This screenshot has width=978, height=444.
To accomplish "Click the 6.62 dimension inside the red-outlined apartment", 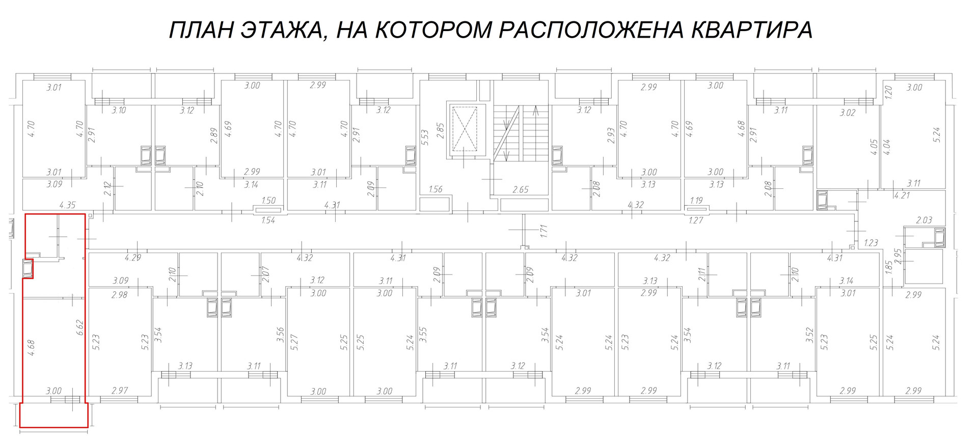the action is click(x=79, y=327).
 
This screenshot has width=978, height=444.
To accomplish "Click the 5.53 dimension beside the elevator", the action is click(x=425, y=137).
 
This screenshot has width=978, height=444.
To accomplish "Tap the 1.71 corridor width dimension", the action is click(x=544, y=232).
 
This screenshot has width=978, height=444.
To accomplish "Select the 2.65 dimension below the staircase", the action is click(x=520, y=189).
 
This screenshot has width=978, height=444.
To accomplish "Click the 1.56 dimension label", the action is click(x=436, y=189).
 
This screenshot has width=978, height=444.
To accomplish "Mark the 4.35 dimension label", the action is click(x=67, y=205).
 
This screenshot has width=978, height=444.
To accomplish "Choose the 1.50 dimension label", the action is click(x=268, y=201).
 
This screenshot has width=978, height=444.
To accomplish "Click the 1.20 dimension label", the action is click(x=888, y=92).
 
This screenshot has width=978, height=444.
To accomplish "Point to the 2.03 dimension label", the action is click(x=924, y=220).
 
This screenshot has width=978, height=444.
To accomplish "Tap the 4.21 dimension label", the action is click(x=902, y=195).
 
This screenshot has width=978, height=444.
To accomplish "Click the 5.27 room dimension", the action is click(x=294, y=342).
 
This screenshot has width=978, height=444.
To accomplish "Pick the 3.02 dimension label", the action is click(x=848, y=113).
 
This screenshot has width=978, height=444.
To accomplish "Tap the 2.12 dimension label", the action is click(x=107, y=189).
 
